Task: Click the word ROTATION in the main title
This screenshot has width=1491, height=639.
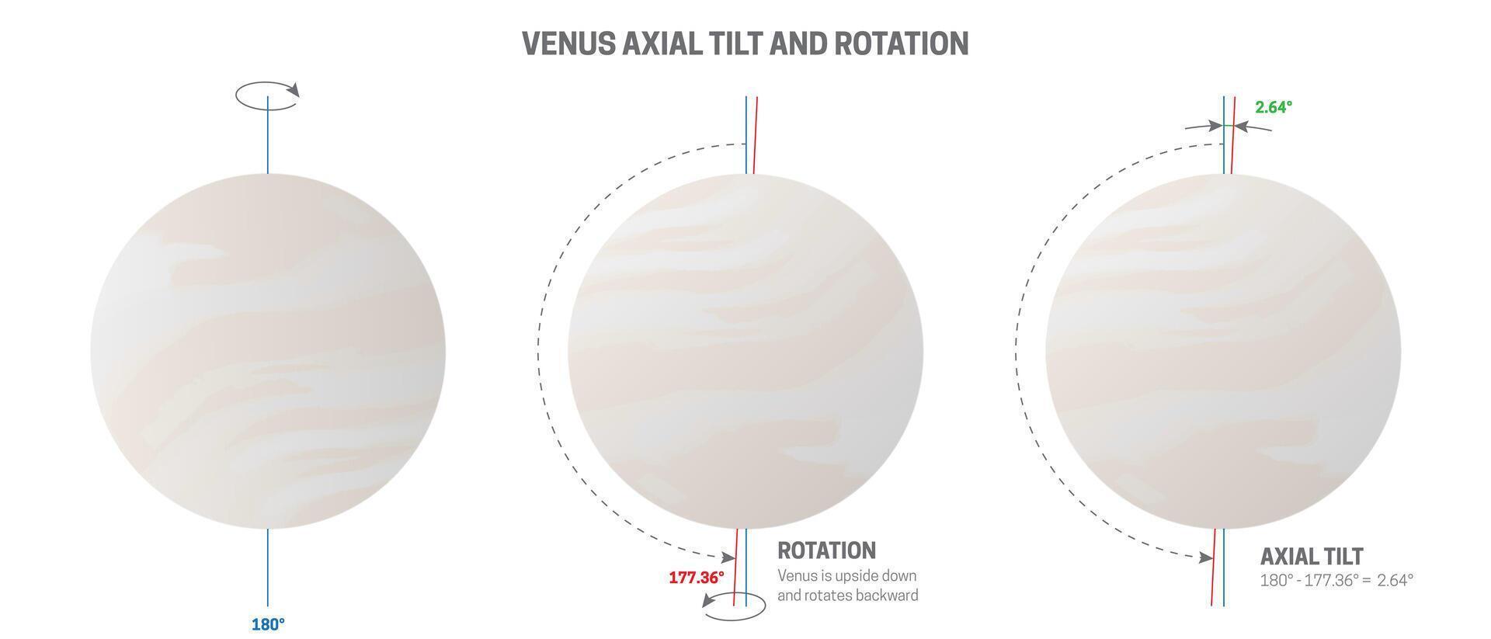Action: (902, 43)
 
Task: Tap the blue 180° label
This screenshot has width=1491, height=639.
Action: (268, 624)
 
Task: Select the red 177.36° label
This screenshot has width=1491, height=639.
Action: (697, 578)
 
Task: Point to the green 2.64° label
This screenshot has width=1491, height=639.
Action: (1274, 107)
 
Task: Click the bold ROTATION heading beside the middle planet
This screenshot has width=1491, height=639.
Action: (827, 550)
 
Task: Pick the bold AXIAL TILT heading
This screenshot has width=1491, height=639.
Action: (1312, 556)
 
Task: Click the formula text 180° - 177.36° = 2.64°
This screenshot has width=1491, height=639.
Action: (1336, 580)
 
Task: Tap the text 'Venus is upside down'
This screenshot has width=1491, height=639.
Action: (847, 576)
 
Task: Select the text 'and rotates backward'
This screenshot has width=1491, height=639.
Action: (848, 596)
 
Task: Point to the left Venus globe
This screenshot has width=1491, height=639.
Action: (268, 351)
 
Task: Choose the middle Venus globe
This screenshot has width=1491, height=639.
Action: (745, 351)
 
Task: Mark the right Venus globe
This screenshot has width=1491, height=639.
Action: (1223, 351)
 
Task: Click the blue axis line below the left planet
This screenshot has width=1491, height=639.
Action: (268, 568)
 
